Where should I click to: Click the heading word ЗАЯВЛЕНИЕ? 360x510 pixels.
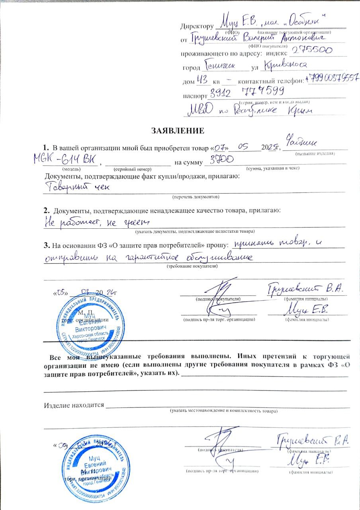coord(178,130)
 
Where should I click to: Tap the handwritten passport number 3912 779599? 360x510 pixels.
coord(247,92)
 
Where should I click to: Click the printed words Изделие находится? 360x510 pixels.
coord(73,405)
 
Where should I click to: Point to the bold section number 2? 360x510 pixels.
coord(47,210)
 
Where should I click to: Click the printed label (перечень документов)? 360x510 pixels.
coord(196,197)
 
